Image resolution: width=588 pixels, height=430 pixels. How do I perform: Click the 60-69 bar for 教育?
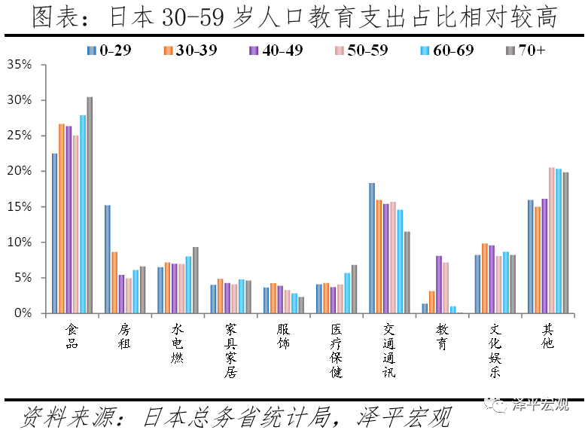pos(452,310)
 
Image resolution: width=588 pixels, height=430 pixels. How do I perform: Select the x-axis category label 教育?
pos(442,336)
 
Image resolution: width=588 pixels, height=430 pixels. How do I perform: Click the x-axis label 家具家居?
pos(230,350)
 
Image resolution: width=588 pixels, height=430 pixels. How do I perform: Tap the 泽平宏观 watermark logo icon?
pos(498,404)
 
